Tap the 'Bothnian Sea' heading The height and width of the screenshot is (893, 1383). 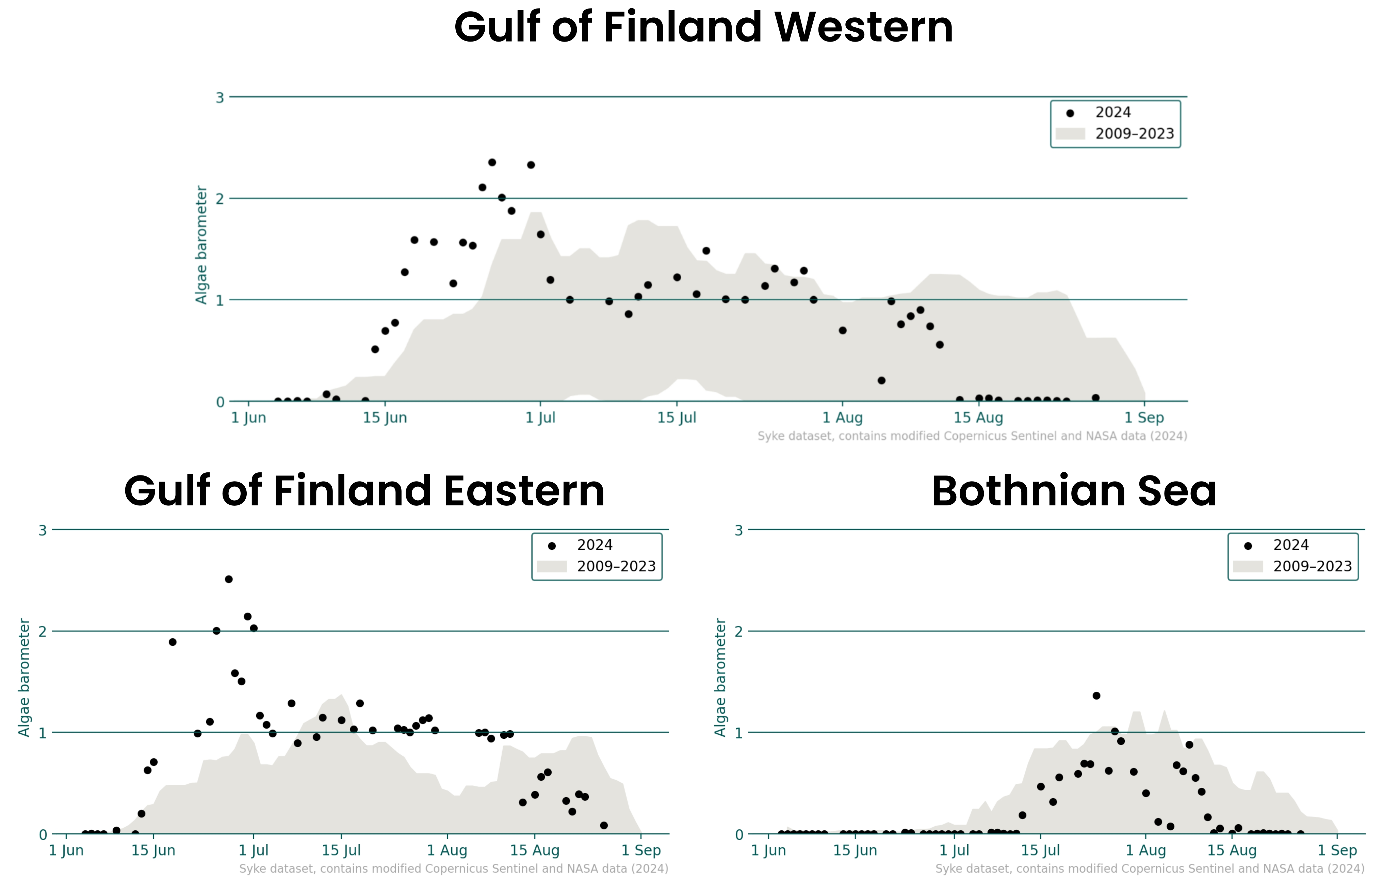[1074, 491]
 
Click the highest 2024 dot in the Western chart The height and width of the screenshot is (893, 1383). [492, 162]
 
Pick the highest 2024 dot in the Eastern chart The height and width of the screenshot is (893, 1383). [229, 579]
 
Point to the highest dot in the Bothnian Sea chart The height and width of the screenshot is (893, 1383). [1096, 696]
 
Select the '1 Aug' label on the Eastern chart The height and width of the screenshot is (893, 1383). [447, 851]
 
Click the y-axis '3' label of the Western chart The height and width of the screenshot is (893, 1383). [219, 97]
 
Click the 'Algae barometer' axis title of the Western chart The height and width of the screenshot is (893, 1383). [201, 245]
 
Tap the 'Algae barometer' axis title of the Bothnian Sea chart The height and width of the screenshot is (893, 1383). [720, 677]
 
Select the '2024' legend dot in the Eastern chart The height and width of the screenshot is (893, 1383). [552, 546]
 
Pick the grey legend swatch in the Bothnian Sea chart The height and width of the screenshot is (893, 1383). [1248, 566]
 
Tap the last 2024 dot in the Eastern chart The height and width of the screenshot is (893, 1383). [604, 825]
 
